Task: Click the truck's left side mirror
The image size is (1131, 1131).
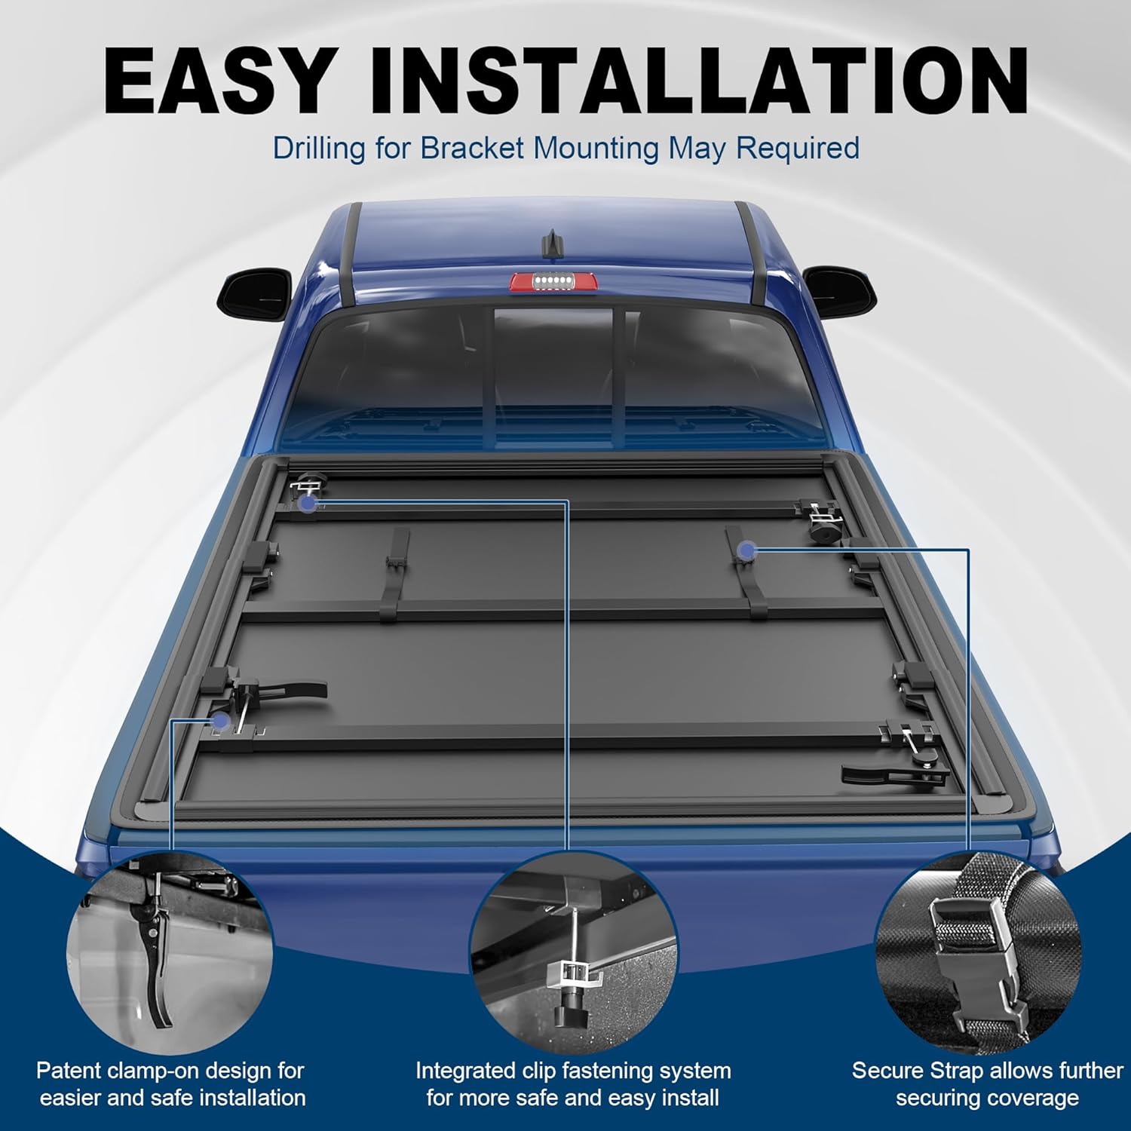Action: (x=255, y=290)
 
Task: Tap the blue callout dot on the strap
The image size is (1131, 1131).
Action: (x=747, y=551)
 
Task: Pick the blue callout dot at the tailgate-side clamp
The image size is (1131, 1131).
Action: (x=220, y=722)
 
